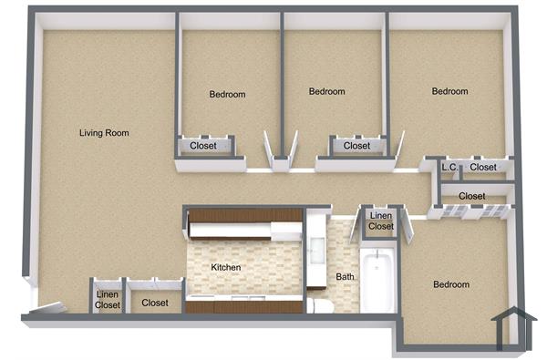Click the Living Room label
click(104, 133)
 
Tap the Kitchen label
click(226, 267)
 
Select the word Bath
click(346, 277)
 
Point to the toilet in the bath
click(320, 304)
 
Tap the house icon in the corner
click(511, 329)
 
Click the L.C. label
click(449, 168)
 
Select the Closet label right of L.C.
click(483, 168)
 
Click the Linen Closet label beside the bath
click(381, 221)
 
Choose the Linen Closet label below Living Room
click(108, 299)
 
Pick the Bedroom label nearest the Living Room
click(227, 95)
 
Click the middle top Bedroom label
click(326, 92)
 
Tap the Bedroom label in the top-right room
click(449, 92)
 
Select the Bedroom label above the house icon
click(451, 285)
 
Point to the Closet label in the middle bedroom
click(357, 146)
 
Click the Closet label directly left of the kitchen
click(155, 303)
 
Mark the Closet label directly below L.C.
click(471, 196)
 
